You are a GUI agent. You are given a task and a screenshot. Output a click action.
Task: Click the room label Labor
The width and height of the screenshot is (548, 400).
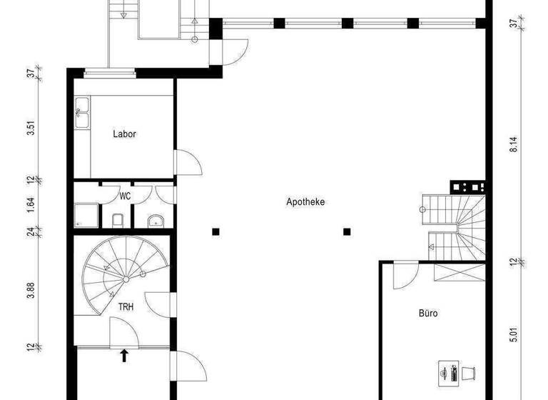point(124,134)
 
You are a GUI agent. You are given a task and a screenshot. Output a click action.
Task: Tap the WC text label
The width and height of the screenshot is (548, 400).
point(125,196)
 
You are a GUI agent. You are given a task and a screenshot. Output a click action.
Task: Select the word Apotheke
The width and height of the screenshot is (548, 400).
point(305,202)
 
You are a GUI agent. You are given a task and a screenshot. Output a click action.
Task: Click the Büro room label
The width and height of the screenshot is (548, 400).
point(428,313)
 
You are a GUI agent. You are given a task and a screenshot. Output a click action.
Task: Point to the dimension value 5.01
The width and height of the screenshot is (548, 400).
point(512,336)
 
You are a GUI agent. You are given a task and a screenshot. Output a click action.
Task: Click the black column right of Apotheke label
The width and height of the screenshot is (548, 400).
point(347,231)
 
